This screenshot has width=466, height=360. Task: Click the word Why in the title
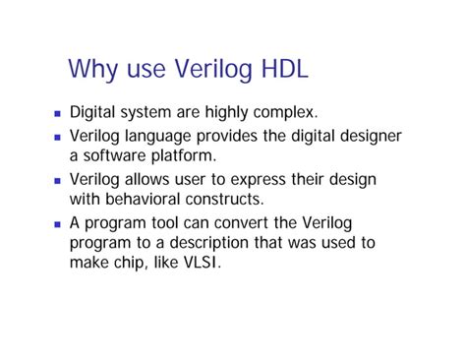pos(93,70)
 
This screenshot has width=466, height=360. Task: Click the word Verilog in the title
pos(200,70)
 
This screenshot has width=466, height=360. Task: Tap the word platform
pos(184,156)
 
